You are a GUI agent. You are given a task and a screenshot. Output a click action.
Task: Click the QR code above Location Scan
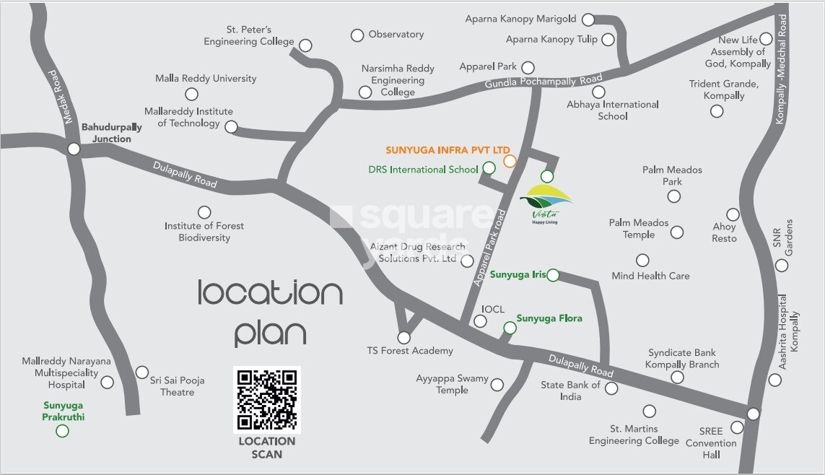pyautogui.click(x=266, y=398)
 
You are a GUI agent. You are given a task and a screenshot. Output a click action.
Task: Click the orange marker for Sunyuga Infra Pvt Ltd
pyautogui.click(x=510, y=161)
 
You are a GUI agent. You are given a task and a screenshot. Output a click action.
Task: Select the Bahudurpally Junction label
pyautogui.click(x=111, y=133)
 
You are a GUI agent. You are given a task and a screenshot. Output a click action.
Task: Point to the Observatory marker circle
pyautogui.click(x=357, y=35)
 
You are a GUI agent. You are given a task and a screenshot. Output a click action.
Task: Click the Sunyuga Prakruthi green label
pyautogui.click(x=64, y=411)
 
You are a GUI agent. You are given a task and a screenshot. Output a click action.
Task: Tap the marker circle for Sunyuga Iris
pyautogui.click(x=552, y=275)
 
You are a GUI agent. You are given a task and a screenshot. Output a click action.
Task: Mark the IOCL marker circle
pyautogui.click(x=481, y=322)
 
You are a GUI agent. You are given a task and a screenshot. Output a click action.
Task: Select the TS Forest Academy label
pyautogui.click(x=410, y=351)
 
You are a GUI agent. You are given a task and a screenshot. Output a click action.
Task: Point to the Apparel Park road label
pyautogui.click(x=489, y=249)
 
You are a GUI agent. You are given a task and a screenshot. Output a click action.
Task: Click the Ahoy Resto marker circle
pyautogui.click(x=733, y=214)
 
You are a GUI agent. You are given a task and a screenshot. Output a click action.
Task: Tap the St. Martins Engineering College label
pyautogui.click(x=634, y=435)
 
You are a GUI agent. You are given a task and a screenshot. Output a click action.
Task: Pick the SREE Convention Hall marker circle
pyautogui.click(x=737, y=427)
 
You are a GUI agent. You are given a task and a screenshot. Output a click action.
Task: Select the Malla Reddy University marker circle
pyautogui.click(x=191, y=94)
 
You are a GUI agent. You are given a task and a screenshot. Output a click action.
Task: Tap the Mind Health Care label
pyautogui.click(x=650, y=276)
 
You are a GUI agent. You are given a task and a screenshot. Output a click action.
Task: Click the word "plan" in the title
pyautogui.click(x=271, y=333)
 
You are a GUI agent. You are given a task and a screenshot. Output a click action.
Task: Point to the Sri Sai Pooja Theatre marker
pyautogui.click(x=142, y=372)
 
